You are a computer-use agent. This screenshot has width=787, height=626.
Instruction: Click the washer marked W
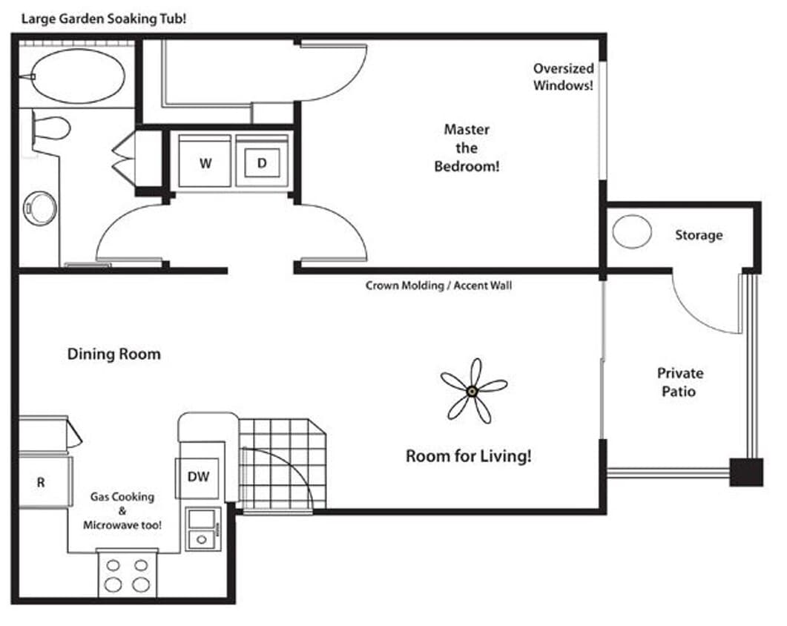(205, 162)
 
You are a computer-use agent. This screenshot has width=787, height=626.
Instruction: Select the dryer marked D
(262, 162)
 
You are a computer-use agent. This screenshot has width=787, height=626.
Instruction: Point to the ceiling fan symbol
(472, 390)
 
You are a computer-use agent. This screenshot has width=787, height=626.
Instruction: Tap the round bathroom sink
(39, 208)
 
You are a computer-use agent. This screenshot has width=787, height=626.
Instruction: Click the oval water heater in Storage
(632, 231)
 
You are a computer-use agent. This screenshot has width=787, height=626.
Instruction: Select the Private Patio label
(679, 381)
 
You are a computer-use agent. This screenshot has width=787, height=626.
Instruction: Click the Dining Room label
(113, 354)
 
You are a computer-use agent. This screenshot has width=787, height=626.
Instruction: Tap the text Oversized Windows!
(563, 76)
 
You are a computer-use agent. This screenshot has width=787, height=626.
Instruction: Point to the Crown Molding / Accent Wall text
(438, 285)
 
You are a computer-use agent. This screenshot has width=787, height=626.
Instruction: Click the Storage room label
(698, 235)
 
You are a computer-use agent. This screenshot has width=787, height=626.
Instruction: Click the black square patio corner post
(745, 472)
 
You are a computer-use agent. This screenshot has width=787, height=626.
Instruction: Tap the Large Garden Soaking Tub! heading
(103, 18)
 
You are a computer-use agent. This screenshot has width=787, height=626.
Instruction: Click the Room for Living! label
(468, 455)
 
